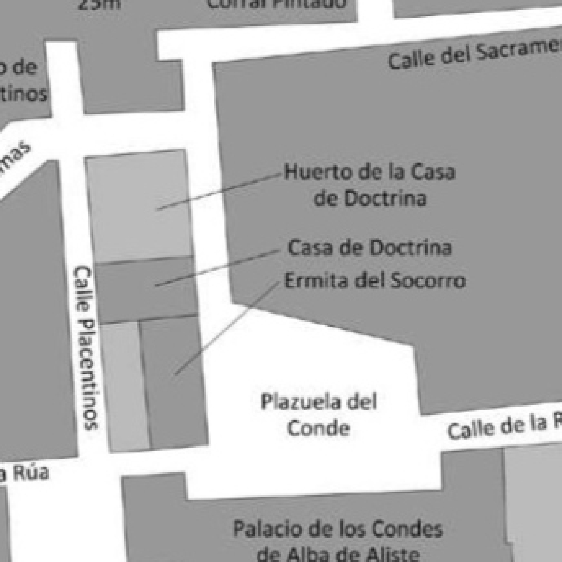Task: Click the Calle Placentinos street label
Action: (86, 348)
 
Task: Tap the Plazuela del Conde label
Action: (319, 414)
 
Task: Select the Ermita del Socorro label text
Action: (375, 281)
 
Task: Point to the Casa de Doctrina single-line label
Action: (370, 247)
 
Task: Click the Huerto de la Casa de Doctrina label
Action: (370, 185)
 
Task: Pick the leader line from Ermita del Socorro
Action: (227, 328)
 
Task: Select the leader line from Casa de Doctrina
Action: (217, 268)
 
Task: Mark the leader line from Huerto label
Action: (219, 191)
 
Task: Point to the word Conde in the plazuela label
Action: (319, 428)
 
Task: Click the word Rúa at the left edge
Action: (31, 472)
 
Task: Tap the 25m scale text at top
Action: (100, 4)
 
